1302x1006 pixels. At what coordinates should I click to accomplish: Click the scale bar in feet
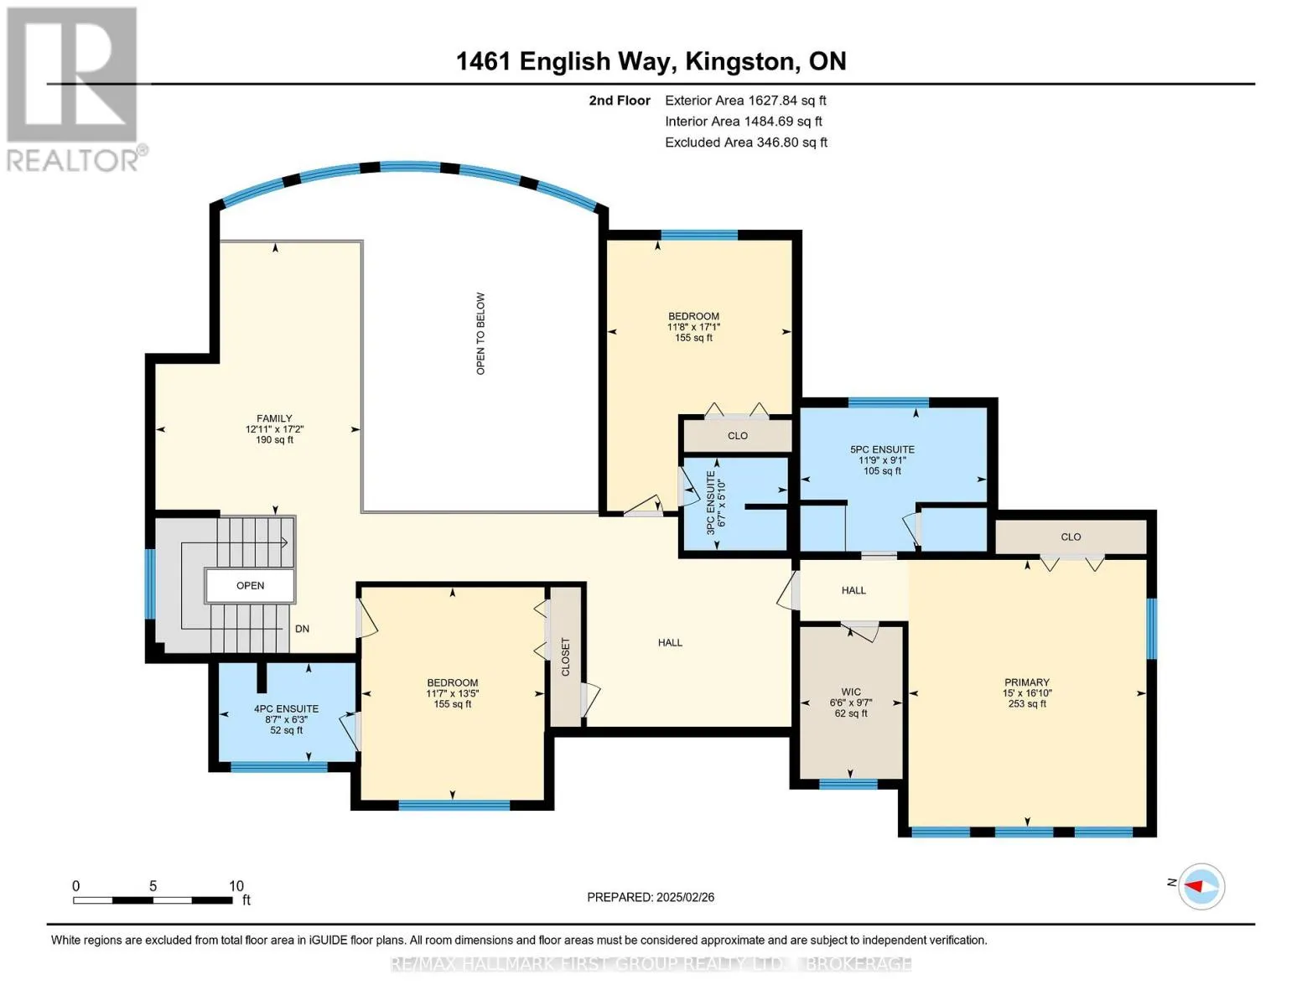pyautogui.click(x=153, y=900)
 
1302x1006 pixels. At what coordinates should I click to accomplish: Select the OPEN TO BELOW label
pyautogui.click(x=480, y=334)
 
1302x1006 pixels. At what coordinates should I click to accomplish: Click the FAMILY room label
pyautogui.click(x=274, y=418)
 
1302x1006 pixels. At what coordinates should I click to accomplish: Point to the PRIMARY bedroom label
pyautogui.click(x=1027, y=682)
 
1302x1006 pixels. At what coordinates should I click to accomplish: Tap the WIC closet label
pyautogui.click(x=851, y=692)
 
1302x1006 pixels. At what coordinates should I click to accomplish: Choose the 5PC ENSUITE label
pyautogui.click(x=882, y=449)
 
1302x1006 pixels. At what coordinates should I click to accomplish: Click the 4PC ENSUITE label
pyautogui.click(x=287, y=709)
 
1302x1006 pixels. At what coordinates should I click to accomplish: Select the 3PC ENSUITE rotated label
pyautogui.click(x=711, y=503)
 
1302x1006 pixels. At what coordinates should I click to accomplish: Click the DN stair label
pyautogui.click(x=302, y=629)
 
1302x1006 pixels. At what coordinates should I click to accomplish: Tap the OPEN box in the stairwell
pyautogui.click(x=250, y=586)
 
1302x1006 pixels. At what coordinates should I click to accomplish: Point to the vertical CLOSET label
pyautogui.click(x=565, y=656)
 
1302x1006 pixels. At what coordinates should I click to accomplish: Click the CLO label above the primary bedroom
pyautogui.click(x=1071, y=537)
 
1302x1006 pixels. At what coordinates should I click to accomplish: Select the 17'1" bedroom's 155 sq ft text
pyautogui.click(x=694, y=338)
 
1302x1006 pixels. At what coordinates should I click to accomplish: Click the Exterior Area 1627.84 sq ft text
pyautogui.click(x=745, y=101)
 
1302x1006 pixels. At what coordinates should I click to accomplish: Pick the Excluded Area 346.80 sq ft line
pyautogui.click(x=746, y=143)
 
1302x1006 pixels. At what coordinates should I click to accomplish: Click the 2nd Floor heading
pyautogui.click(x=620, y=101)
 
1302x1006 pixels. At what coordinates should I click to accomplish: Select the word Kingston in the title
pyautogui.click(x=742, y=61)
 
